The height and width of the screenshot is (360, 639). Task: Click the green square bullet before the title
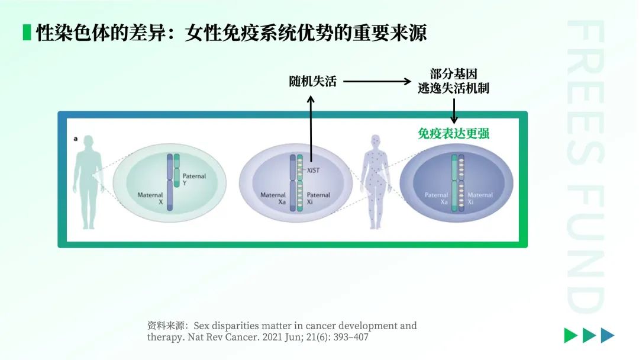27,33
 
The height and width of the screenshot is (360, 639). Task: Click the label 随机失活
312,82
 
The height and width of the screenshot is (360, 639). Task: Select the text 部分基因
454,74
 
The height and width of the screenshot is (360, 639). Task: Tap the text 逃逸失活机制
453,88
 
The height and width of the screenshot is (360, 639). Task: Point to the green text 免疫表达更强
453,133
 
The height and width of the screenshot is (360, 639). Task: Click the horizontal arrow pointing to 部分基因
377,82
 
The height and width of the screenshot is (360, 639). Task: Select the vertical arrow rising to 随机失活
311,129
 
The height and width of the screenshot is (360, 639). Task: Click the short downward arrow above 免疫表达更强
454,111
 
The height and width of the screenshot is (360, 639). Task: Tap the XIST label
313,171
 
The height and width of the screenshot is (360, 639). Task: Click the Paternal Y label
194,179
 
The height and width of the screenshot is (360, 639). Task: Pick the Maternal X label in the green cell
150,198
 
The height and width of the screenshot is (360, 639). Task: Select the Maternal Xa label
273,198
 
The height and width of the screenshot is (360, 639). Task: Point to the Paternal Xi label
318,198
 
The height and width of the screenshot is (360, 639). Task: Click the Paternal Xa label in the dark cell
436,198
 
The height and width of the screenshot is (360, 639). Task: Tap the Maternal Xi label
480,198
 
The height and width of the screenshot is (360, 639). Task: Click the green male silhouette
88,182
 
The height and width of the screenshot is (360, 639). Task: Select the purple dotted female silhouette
376,182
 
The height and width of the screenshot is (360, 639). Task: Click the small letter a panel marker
75,139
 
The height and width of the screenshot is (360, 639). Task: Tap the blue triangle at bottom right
608,335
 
